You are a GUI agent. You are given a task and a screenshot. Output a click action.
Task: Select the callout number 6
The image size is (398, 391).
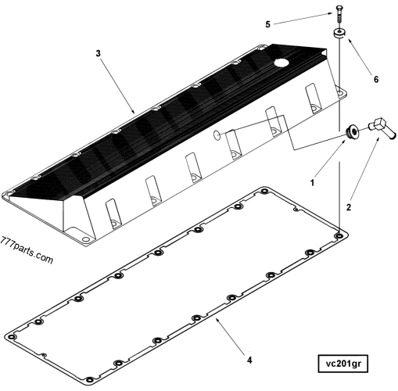pos(375,80)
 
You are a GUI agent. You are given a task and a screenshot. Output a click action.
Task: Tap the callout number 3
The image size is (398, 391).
pos(98,54)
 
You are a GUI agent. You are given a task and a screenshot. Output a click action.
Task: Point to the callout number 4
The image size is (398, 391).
pos(249,361)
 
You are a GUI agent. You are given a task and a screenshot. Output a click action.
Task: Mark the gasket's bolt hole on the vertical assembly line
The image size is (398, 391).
pos(339,234)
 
